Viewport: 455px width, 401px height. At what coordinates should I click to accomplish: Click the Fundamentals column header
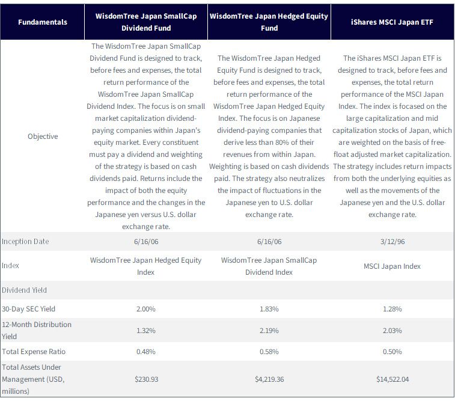43,22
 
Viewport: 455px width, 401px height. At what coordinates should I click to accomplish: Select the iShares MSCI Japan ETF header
392,22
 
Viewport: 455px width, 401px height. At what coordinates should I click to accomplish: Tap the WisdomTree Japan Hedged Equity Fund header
269,22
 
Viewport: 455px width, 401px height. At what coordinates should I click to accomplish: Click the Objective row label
43,136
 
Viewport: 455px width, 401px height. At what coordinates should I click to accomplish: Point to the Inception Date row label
25,242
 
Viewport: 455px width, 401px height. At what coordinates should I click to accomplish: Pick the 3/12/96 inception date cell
392,242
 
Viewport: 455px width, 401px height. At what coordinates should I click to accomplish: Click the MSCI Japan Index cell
392,266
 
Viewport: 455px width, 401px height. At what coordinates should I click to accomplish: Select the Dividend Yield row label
24,290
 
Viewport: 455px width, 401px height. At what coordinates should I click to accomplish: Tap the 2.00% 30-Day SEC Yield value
146,309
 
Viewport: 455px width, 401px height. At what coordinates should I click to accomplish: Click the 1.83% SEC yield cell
269,309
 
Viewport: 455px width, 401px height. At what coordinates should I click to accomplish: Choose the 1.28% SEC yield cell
392,309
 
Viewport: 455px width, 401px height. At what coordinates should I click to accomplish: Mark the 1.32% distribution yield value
146,331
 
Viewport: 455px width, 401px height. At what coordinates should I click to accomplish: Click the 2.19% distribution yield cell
269,331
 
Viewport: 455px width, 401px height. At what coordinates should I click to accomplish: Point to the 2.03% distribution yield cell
392,331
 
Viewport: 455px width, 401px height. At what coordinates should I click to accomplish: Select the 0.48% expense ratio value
146,352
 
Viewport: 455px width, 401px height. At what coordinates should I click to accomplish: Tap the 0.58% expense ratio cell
269,352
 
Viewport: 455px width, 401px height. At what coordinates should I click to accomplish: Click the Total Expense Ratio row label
34,352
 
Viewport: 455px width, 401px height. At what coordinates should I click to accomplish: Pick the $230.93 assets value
146,379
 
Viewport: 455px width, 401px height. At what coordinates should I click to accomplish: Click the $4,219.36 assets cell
269,379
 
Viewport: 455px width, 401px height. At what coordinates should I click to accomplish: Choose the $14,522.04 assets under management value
392,379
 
